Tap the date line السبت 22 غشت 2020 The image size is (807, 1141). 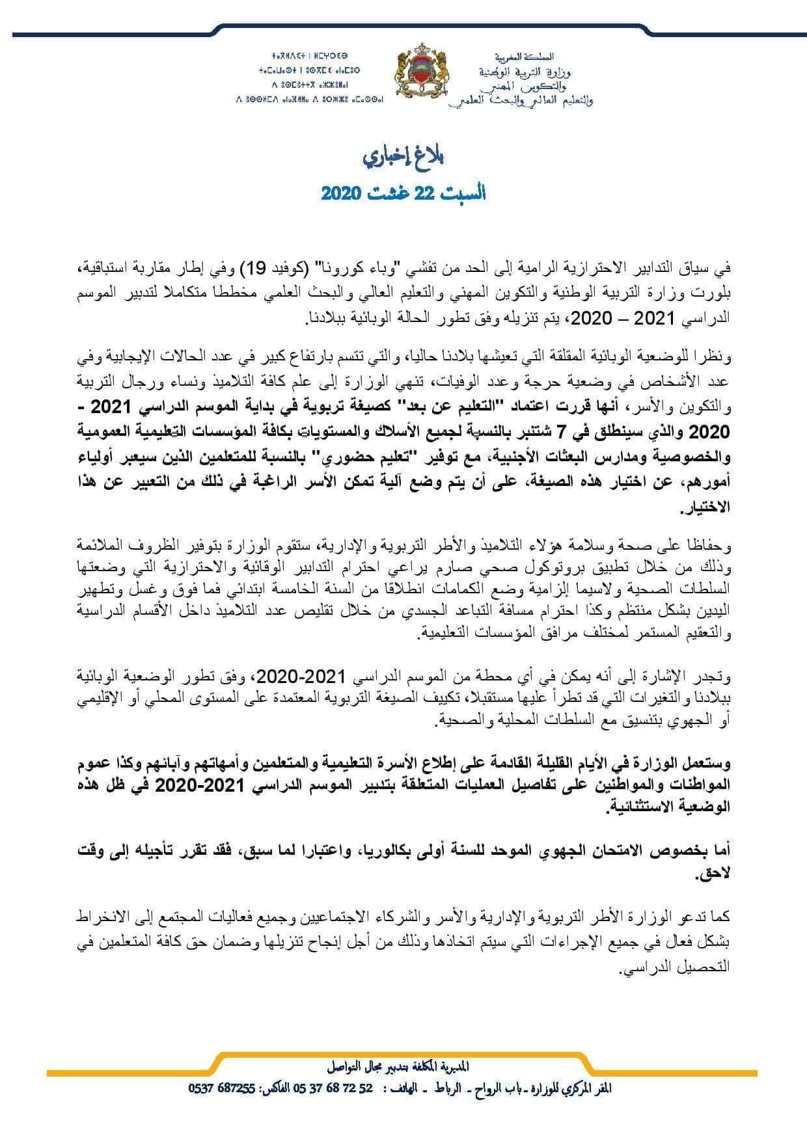404,193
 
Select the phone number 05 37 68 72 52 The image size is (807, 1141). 330,1088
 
